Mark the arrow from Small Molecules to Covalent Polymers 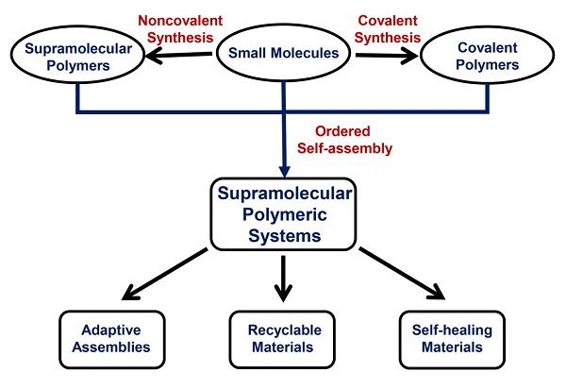coord(384,57)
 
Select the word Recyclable coord(284,329)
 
